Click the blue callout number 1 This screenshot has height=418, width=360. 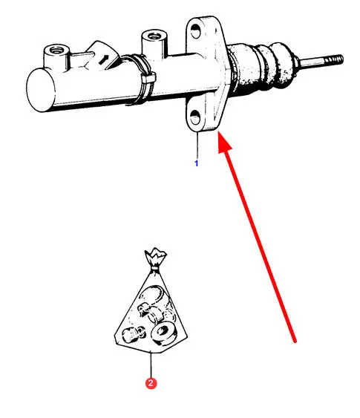click(197, 163)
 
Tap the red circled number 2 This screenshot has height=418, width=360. click(151, 383)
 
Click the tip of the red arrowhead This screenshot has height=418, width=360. click(218, 131)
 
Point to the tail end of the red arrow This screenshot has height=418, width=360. click(295, 341)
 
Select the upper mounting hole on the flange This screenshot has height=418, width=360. click(195, 30)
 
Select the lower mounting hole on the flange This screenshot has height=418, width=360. click(195, 117)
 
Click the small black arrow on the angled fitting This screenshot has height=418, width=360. click(104, 59)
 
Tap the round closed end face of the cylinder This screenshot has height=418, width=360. click(41, 90)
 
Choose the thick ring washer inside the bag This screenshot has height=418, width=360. click(163, 333)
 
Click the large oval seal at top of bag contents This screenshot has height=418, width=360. click(152, 295)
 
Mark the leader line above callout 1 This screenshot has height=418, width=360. click(197, 146)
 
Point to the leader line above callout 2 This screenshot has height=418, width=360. click(151, 365)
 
